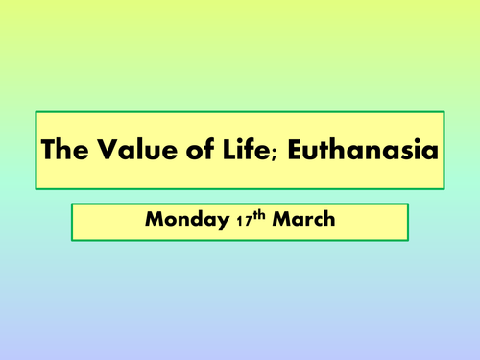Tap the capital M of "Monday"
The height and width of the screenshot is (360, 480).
(x=155, y=220)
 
